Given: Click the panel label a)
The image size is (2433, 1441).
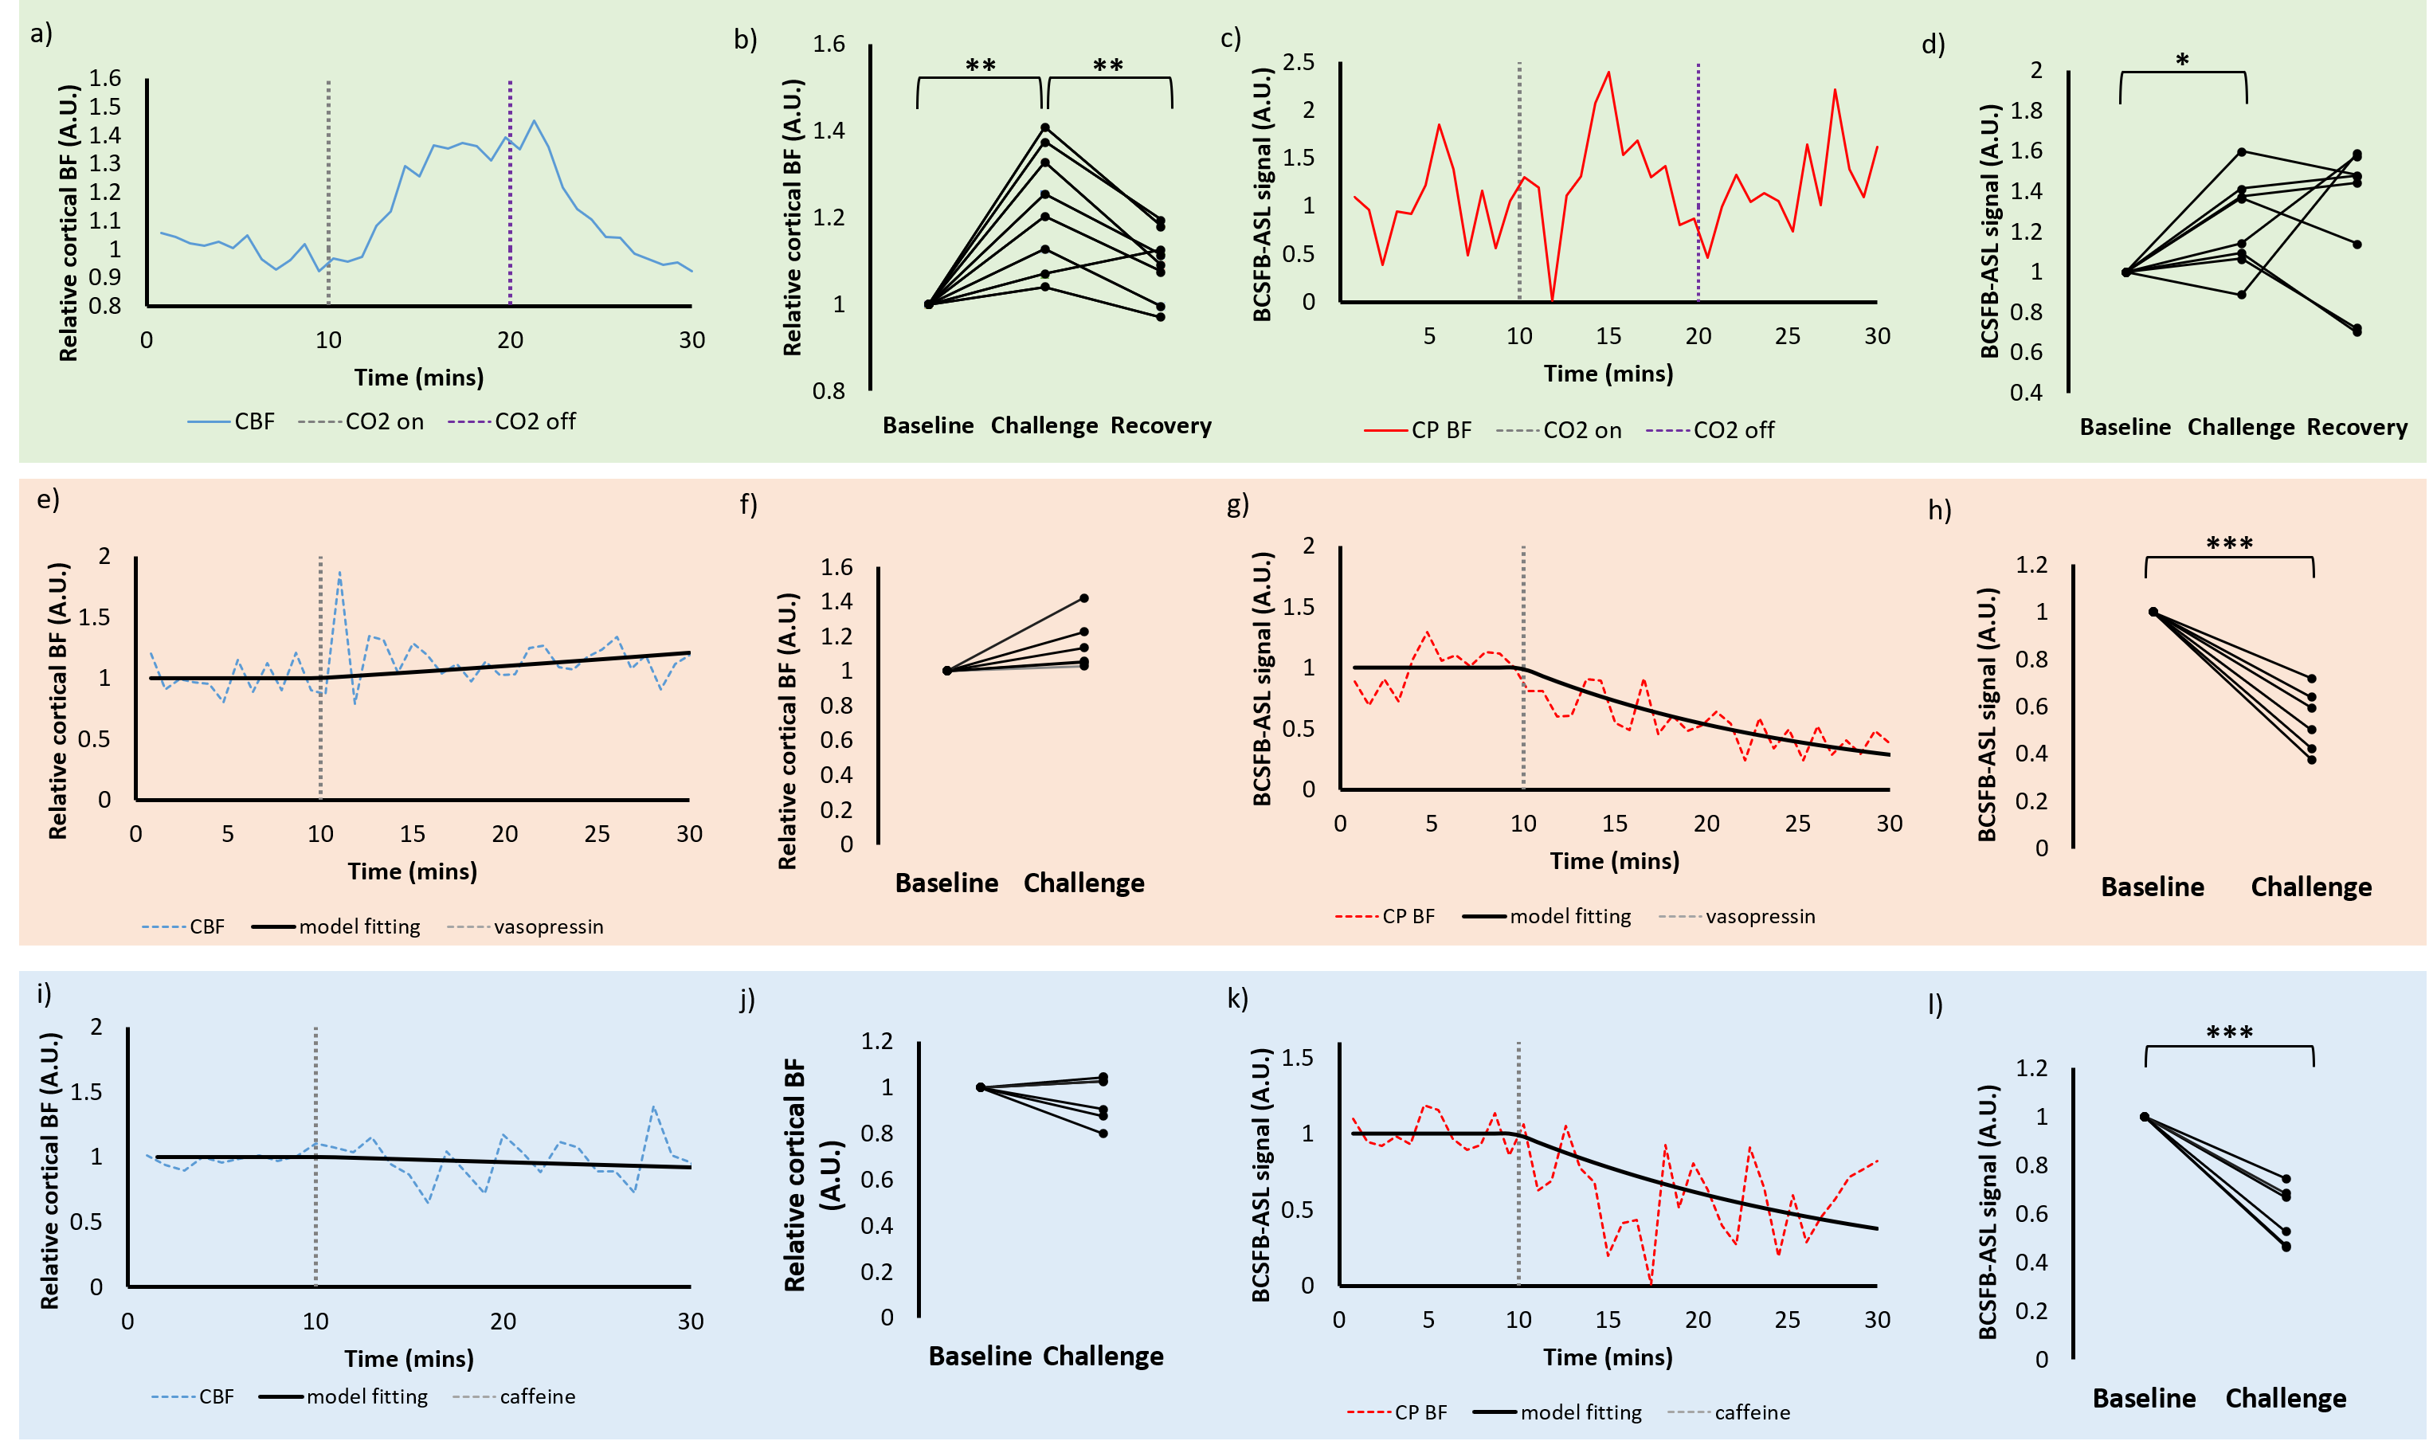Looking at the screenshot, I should (x=41, y=34).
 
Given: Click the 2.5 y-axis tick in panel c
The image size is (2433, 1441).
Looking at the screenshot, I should (x=1298, y=62).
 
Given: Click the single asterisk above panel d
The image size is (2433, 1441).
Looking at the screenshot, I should (x=2183, y=61).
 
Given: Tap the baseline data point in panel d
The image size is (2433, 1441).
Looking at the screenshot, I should (x=2126, y=272).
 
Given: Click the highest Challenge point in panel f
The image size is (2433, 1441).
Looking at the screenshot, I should (x=1084, y=598).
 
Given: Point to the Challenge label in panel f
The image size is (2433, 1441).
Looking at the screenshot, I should (x=1083, y=883).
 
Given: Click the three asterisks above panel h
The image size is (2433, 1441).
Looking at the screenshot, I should (x=2229, y=542).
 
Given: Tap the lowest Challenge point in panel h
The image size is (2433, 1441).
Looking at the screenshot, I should (x=2312, y=759).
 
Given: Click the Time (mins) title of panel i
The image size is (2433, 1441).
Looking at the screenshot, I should (x=409, y=1358).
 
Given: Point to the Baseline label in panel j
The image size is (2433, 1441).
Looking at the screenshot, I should (x=980, y=1356).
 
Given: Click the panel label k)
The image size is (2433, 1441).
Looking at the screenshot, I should (x=1237, y=998).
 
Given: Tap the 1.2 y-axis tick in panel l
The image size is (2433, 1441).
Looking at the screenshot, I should (x=2031, y=1068).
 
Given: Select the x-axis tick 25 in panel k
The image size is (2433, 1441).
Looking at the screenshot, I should (x=1788, y=1320).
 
